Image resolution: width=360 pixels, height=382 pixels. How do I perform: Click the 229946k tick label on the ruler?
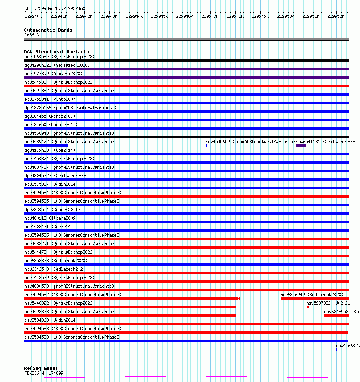[x=184, y=16]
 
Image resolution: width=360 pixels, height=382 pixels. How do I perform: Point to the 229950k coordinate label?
[x=286, y=16]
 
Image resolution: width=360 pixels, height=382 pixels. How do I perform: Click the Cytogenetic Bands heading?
[x=48, y=30]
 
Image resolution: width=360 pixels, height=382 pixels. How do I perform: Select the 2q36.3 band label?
[x=32, y=35]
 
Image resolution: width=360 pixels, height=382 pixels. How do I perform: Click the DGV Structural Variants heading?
[x=56, y=52]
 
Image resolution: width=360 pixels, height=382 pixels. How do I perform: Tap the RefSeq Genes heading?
[x=41, y=368]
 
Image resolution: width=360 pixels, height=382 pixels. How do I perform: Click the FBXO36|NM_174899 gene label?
[x=44, y=373]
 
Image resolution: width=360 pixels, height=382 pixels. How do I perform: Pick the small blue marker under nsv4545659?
[x=206, y=146]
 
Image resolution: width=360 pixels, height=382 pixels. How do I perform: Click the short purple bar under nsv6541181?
[x=301, y=146]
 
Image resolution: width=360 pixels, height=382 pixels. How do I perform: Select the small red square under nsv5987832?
[x=307, y=307]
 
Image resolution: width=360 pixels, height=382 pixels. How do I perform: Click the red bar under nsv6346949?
[x=314, y=299]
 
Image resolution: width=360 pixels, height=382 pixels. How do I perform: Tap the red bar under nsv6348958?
[x=336, y=316]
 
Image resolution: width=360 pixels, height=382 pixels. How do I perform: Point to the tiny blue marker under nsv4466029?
[x=336, y=349]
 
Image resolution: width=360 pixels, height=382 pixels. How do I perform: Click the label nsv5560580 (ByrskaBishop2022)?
[x=59, y=57]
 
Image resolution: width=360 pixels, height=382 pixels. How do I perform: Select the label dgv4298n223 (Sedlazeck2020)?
[x=57, y=65]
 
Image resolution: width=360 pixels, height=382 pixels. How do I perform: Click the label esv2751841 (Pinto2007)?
[x=51, y=99]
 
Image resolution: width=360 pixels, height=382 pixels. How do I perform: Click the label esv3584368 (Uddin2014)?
[x=51, y=320]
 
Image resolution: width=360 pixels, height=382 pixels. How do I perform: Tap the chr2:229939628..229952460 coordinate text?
[x=55, y=8]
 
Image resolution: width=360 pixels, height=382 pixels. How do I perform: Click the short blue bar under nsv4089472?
[x=46, y=146]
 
